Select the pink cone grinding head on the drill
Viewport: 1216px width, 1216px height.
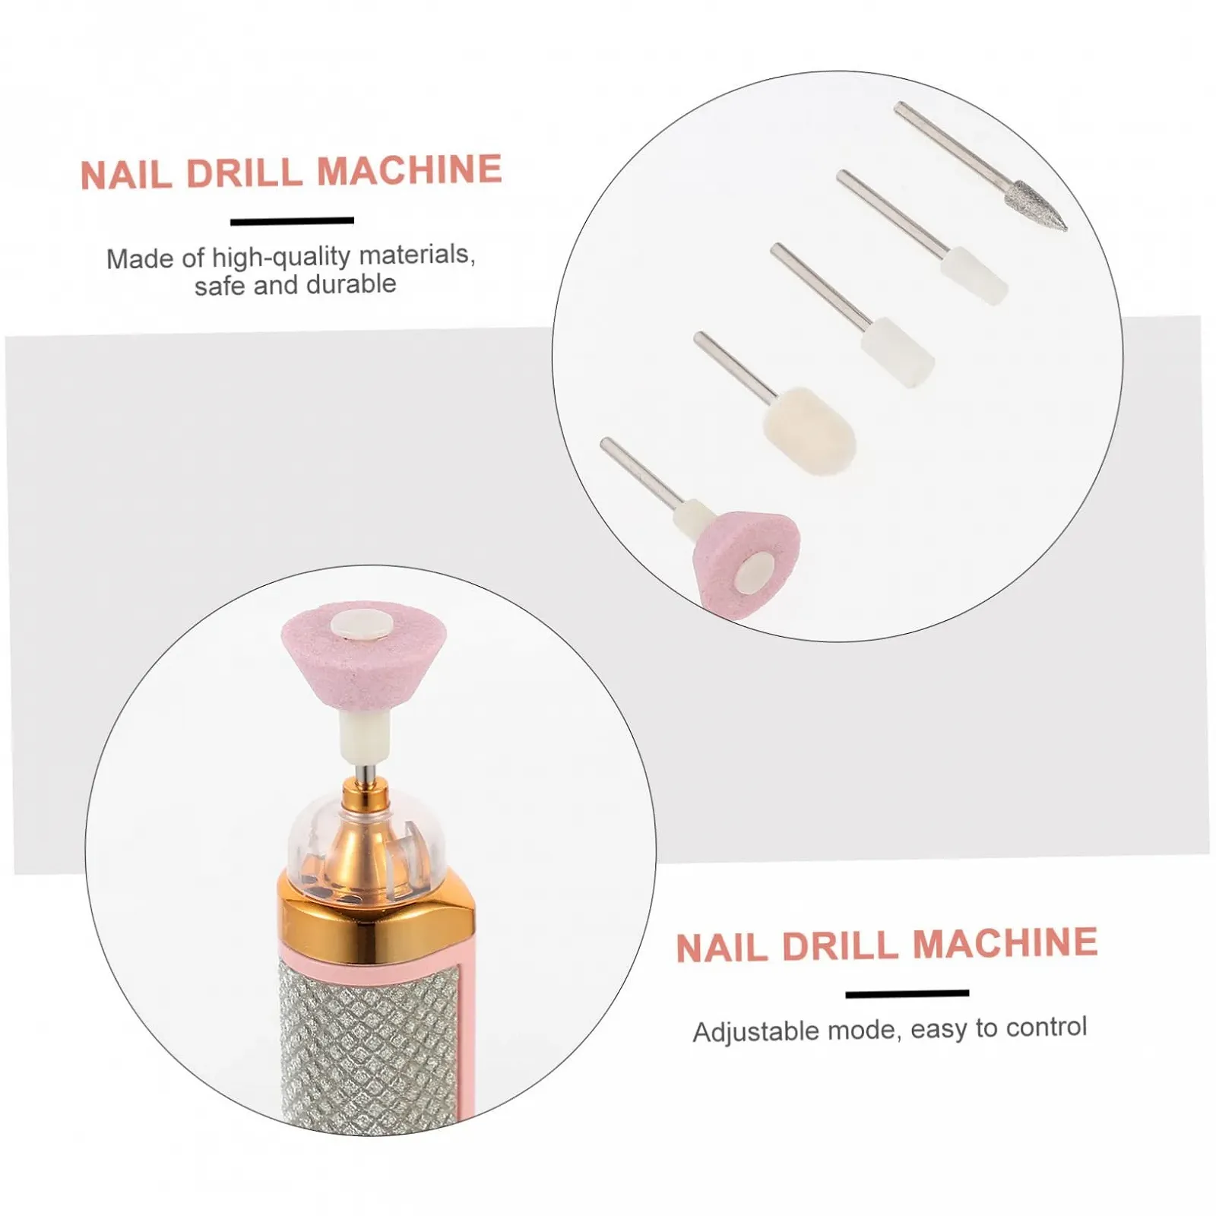click(363, 650)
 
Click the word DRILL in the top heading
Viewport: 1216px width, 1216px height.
click(244, 173)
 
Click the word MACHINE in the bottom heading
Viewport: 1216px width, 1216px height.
click(1005, 943)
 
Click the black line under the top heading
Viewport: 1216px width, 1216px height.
click(292, 221)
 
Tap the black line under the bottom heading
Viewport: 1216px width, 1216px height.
click(907, 993)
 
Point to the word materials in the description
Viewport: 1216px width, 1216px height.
click(417, 255)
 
